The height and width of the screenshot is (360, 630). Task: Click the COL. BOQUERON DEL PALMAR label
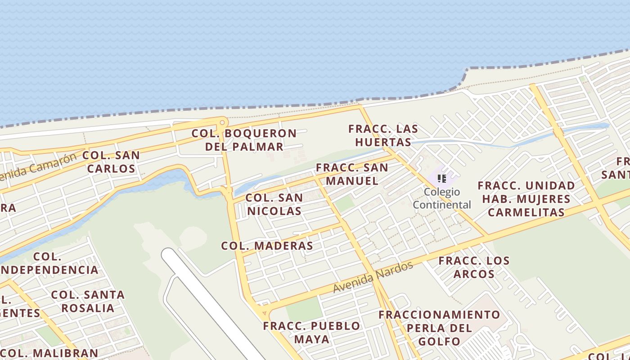[x=244, y=140]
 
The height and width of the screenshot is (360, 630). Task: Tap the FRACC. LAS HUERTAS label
[x=383, y=135]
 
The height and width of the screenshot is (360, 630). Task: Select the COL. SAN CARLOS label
[x=111, y=162]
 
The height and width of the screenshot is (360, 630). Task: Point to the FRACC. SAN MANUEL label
[x=352, y=174]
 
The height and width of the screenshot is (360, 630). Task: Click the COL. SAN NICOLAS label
[x=274, y=204]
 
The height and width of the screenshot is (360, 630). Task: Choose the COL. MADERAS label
[x=267, y=246]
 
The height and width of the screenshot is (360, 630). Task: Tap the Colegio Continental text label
[x=442, y=198]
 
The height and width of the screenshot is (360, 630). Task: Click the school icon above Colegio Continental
[x=442, y=179]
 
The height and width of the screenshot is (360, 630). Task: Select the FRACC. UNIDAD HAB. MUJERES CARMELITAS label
[x=526, y=199]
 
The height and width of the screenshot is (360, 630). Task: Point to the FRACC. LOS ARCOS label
[x=474, y=267]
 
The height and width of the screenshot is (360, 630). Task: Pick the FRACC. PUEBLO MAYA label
[x=312, y=332]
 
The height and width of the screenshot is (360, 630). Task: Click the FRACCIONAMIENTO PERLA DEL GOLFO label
[x=439, y=328]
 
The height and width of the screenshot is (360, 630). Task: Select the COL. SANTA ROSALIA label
[x=88, y=301]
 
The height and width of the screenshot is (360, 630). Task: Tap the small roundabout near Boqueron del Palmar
[x=222, y=122]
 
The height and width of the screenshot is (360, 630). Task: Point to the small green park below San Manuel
[x=345, y=204]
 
